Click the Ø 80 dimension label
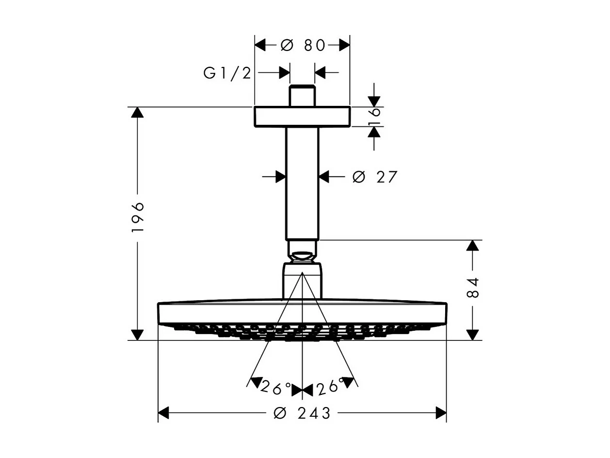point(303,45)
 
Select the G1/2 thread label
point(227,73)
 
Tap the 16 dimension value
point(374,117)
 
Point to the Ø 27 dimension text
point(375,177)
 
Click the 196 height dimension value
point(138,216)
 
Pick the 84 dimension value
point(473,288)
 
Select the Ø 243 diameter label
point(302,413)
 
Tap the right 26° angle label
point(330,387)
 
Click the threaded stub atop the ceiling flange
point(302,96)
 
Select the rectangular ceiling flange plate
point(302,117)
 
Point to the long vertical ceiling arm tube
point(302,184)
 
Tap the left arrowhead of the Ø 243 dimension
point(164,413)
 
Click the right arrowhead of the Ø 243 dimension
point(441,413)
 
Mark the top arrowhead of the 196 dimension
point(138,112)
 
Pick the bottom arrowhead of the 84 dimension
point(473,335)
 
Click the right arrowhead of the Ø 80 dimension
point(344,45)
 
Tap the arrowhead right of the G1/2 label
point(284,73)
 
